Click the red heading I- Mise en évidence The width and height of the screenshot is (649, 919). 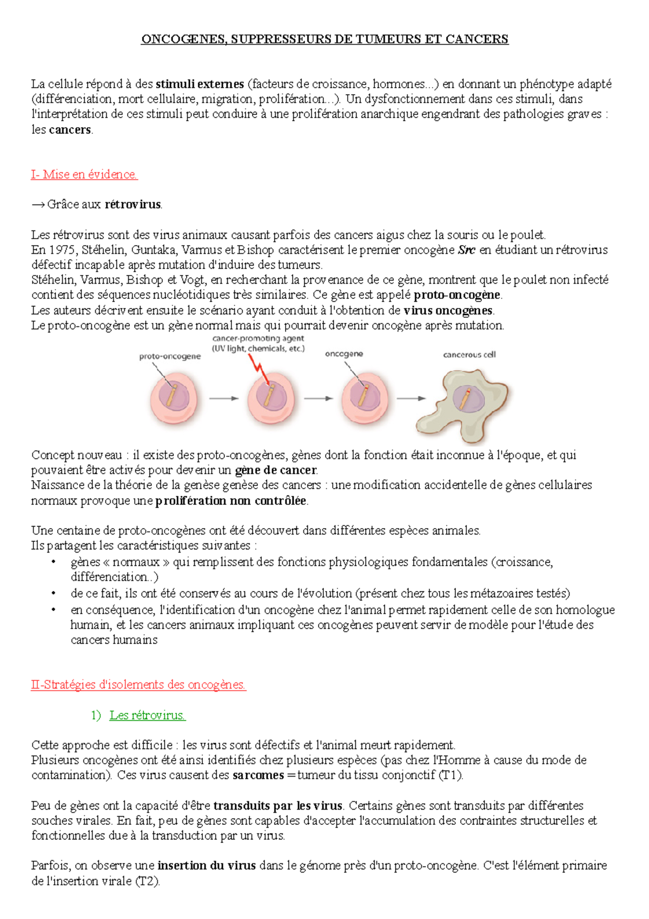[x=84, y=174]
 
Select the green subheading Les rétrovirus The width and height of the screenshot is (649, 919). [x=147, y=715]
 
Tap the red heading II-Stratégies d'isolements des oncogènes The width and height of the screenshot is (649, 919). [x=138, y=685]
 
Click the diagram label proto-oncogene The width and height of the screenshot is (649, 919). [x=170, y=356]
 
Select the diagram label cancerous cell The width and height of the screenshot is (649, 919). [x=469, y=355]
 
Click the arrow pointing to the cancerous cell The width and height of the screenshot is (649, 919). [x=411, y=398]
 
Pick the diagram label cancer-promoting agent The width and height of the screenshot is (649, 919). [x=258, y=338]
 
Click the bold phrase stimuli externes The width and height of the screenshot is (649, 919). [x=200, y=84]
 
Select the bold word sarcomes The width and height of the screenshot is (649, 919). [x=258, y=775]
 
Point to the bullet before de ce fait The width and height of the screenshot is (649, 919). [x=54, y=594]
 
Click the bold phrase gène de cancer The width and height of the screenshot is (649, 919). [x=276, y=470]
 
